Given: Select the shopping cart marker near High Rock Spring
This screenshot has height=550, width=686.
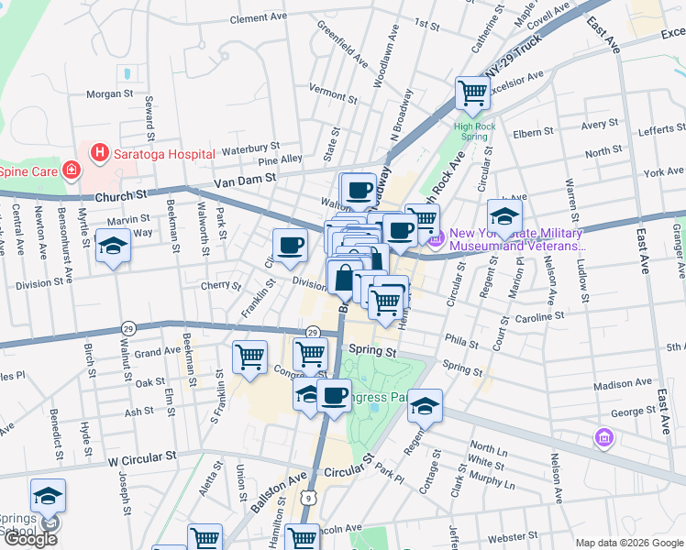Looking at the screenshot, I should coord(472,93).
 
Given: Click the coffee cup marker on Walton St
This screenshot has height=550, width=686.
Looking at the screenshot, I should coord(360,190).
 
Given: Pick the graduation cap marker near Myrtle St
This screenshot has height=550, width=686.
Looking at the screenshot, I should coord(113,247).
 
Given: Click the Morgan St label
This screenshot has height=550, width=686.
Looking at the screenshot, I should coord(110,93).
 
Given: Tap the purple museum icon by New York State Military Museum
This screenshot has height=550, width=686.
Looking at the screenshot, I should coord(436,239).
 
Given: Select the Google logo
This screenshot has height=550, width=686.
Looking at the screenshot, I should coord(29,539).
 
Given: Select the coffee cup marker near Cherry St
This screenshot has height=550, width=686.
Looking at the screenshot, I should coord(290,246).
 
